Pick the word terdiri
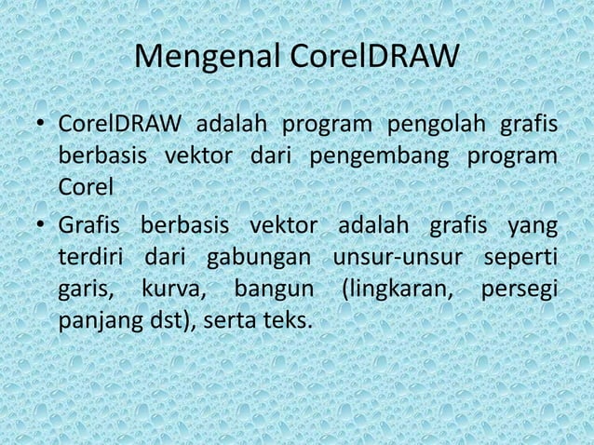[91, 257]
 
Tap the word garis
[87, 289]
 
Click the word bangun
[273, 289]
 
